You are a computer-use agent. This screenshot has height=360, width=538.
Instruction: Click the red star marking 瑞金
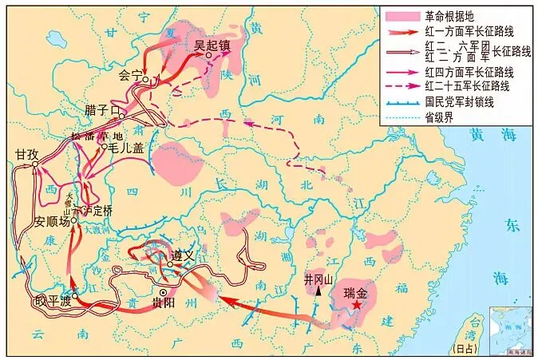(357, 305)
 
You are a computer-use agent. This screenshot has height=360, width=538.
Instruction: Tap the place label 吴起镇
(211, 46)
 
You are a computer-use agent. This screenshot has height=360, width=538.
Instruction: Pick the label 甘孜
(26, 155)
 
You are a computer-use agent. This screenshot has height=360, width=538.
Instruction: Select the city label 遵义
(183, 255)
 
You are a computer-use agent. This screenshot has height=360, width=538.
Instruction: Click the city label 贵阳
(180, 303)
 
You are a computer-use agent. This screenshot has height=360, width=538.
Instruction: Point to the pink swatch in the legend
(401, 16)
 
